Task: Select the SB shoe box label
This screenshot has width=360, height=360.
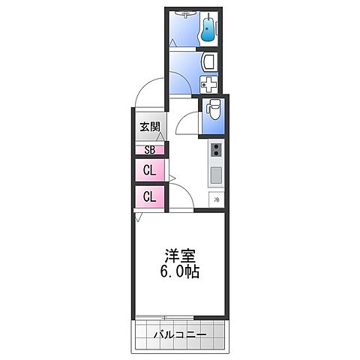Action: click(149, 149)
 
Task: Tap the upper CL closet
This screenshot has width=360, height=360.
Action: click(149, 170)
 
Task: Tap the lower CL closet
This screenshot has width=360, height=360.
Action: click(149, 196)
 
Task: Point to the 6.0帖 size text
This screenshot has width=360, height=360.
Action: click(179, 271)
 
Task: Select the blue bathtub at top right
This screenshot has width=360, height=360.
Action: click(208, 30)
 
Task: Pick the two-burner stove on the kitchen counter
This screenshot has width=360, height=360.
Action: click(215, 151)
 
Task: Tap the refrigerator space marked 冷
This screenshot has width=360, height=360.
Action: click(216, 199)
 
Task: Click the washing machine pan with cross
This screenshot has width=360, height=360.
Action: click(209, 84)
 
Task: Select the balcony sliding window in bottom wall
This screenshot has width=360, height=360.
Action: click(179, 317)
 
